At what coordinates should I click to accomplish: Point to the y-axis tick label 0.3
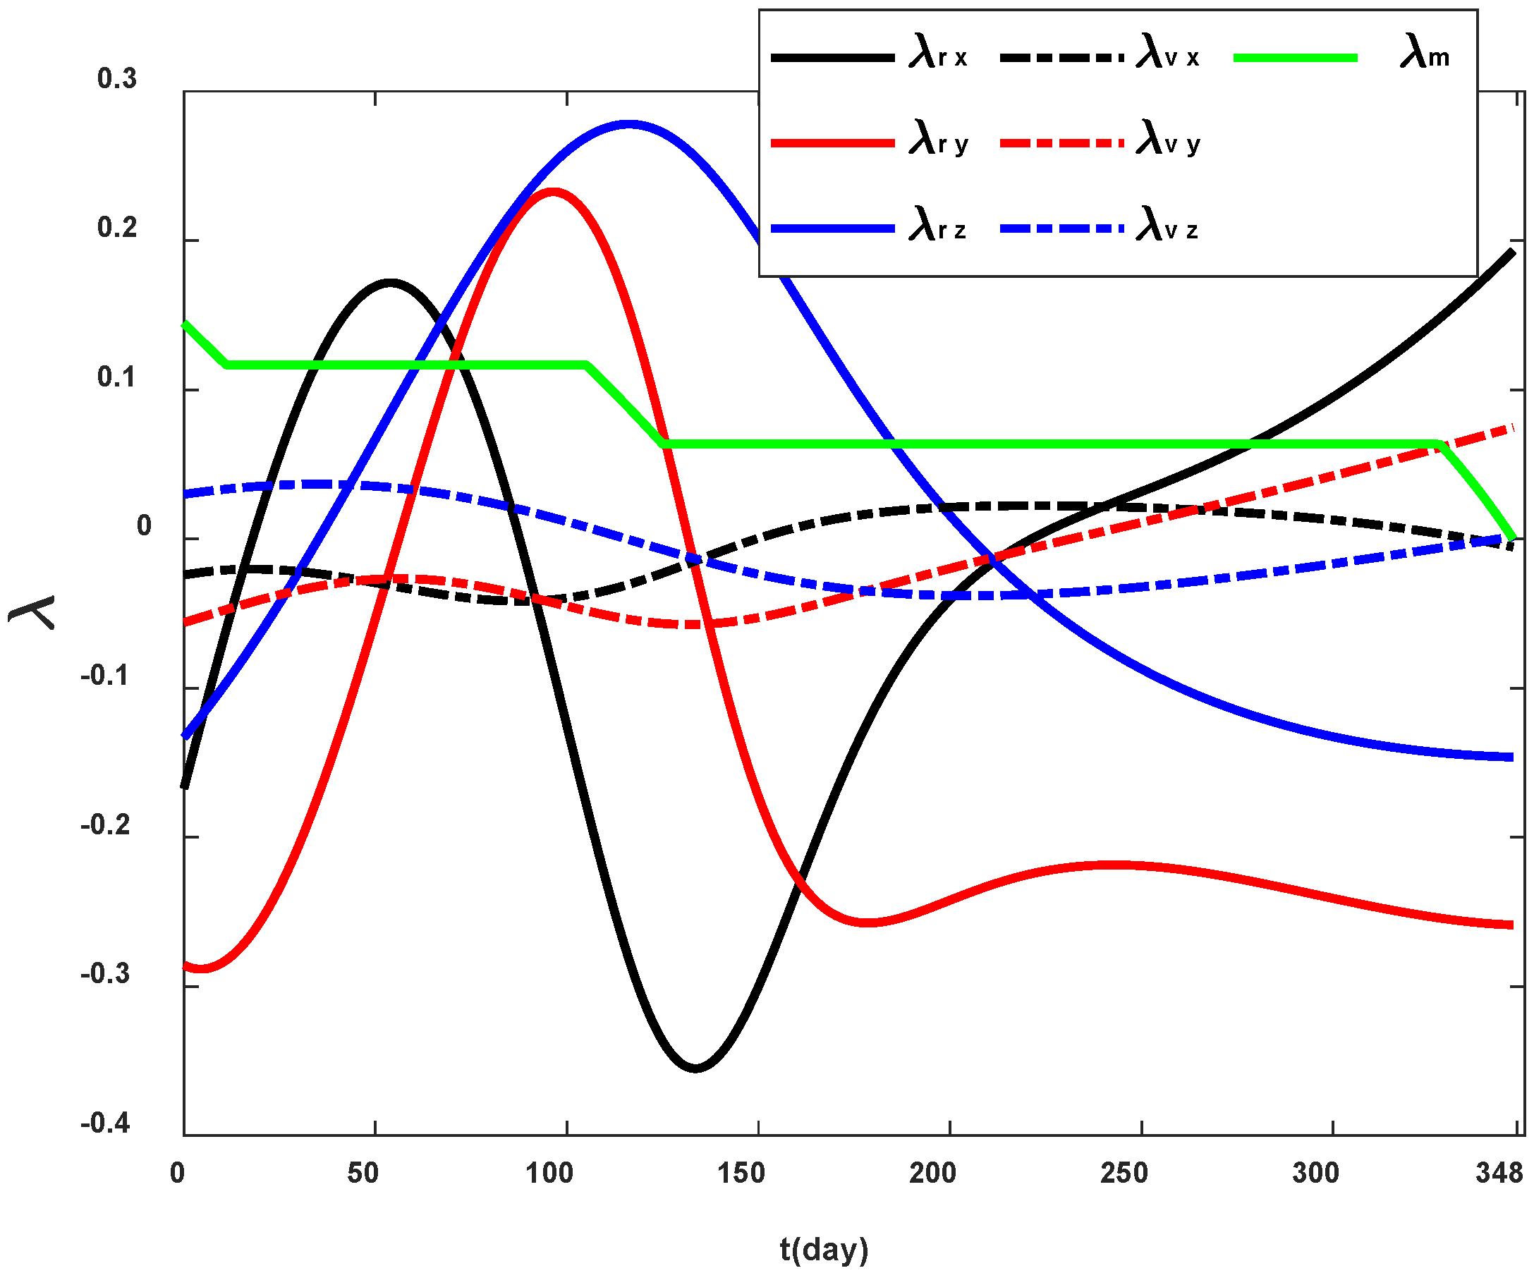117,79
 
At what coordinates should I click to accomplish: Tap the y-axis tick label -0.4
105,1123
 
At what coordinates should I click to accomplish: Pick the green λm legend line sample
1294,58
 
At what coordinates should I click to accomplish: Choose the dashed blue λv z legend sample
1061,229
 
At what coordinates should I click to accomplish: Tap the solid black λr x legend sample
833,58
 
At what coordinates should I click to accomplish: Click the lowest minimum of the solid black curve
695,1068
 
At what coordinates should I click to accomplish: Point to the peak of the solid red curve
553,192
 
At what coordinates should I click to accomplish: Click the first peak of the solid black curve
390,282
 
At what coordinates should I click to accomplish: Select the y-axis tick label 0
144,526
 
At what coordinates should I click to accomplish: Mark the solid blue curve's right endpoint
1511,757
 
